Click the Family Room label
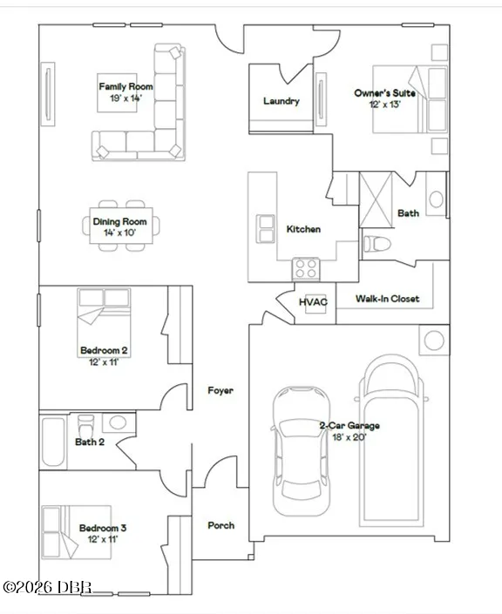pos(125,86)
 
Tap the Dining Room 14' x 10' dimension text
pos(120,233)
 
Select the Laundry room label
pos(281,101)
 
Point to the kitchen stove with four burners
pos(306,268)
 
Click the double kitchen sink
pos(265,229)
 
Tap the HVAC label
pos(313,302)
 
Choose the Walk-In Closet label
pos(387,299)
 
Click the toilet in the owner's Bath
pos(377,245)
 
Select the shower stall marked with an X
pos(376,199)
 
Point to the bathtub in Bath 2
pos(53,442)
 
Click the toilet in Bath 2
pos(86,425)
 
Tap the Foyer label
pos(220,390)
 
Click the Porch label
pos(221,525)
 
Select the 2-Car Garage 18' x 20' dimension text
pos(349,437)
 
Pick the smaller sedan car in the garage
pos(302,451)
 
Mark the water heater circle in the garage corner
pos(434,340)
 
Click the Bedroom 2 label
pos(104,350)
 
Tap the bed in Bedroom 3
pos(77,532)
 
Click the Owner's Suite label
pos(385,93)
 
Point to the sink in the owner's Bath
pos(436,199)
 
